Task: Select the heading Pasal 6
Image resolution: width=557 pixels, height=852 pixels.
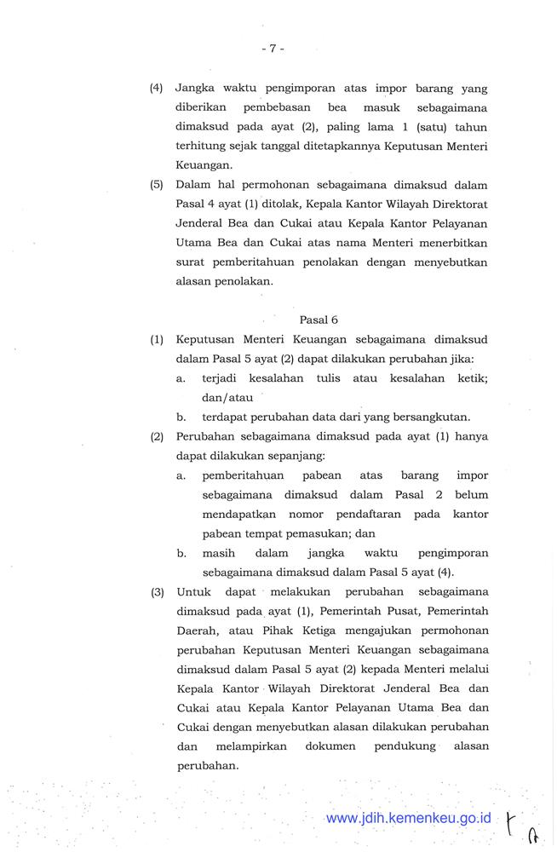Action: click(x=319, y=319)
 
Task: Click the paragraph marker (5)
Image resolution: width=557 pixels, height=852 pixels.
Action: click(x=157, y=185)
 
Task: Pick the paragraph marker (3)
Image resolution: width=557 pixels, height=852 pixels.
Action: click(x=157, y=591)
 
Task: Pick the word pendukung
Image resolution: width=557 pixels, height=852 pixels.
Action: click(x=399, y=745)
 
